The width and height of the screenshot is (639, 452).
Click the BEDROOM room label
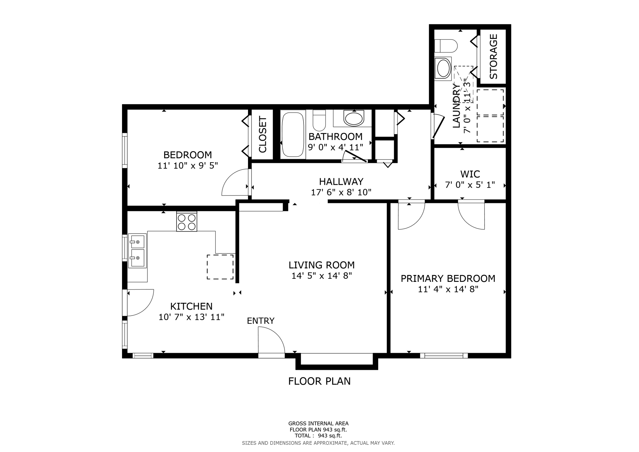click(188, 155)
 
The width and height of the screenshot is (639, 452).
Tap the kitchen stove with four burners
click(187, 222)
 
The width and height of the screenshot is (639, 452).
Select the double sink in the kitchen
click(137, 251)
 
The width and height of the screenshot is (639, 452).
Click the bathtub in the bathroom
click(293, 135)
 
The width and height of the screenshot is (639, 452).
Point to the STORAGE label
click(493, 56)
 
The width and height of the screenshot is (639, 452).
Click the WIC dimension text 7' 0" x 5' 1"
click(470, 185)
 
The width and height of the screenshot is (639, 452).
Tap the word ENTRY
click(261, 321)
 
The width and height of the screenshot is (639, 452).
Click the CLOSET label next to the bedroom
click(263, 135)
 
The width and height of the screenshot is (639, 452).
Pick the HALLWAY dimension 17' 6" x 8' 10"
click(341, 192)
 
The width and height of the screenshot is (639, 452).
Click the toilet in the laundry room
click(446, 46)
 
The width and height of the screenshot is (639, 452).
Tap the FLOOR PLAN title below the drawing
click(319, 381)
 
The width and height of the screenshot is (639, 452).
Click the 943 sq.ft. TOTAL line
click(318, 436)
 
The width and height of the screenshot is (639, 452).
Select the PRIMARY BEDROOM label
click(448, 278)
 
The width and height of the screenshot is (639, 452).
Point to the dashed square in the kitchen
click(220, 267)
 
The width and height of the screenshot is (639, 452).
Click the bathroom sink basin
click(354, 119)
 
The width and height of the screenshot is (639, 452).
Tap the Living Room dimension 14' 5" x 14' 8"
click(321, 276)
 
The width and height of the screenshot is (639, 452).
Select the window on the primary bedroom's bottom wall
click(444, 355)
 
